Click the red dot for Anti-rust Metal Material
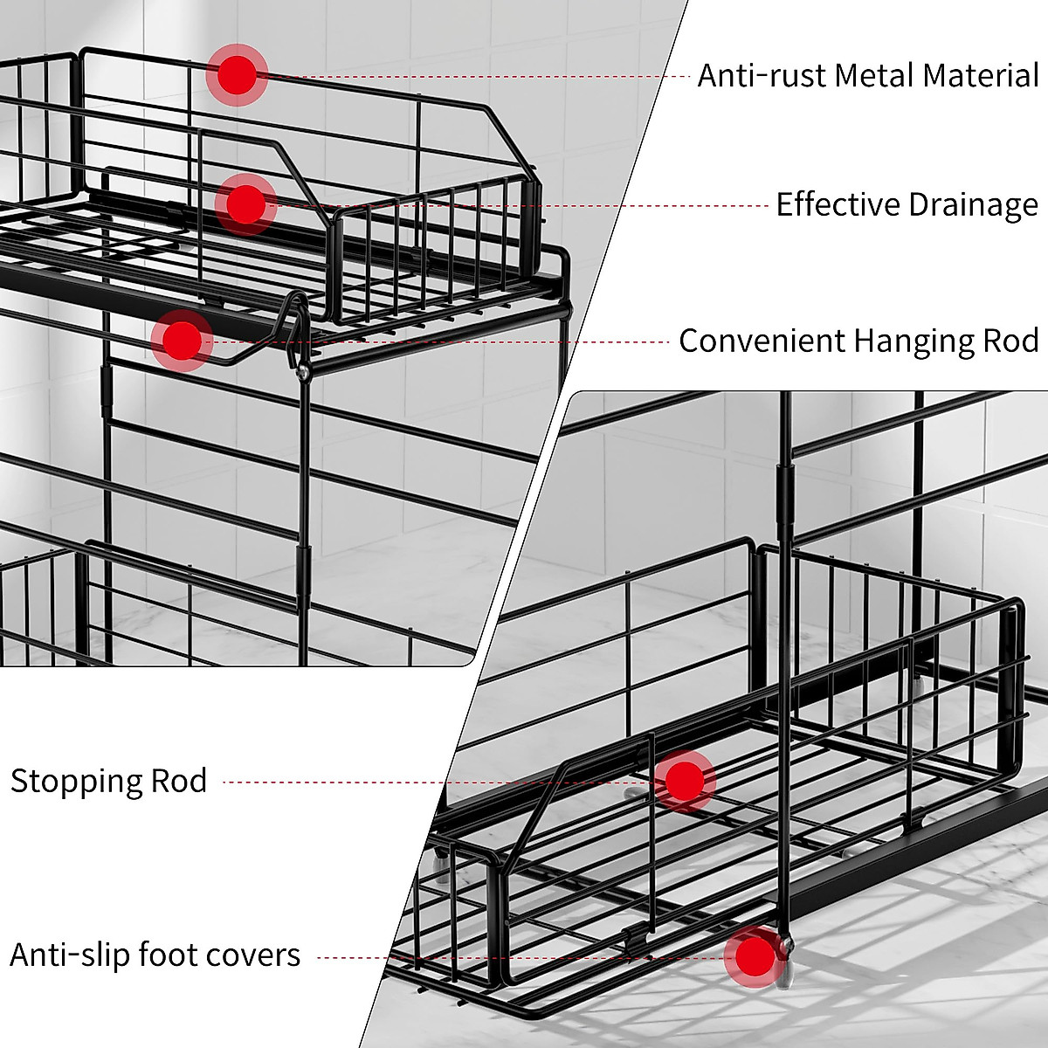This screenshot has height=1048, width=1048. click(x=237, y=75)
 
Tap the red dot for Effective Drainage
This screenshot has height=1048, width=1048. click(x=245, y=203)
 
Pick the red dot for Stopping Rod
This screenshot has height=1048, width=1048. click(x=684, y=781)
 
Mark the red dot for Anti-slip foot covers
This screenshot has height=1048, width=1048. click(x=754, y=957)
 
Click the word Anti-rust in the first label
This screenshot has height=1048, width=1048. click(x=761, y=76)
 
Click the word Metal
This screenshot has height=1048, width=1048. click(x=873, y=76)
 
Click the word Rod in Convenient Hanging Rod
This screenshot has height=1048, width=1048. click(x=1010, y=341)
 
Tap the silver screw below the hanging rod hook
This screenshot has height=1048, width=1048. click(x=302, y=372)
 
